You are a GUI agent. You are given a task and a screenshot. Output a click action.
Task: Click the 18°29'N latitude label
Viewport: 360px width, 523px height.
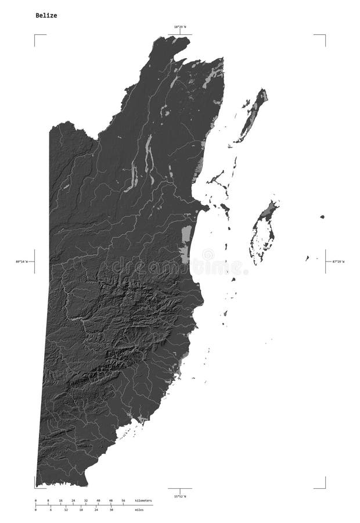pyautogui.click(x=180, y=27)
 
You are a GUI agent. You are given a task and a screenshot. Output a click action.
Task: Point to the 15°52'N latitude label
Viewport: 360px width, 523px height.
pyautogui.click(x=180, y=496)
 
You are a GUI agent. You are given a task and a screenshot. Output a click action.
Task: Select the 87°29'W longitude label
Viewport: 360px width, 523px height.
pyautogui.click(x=337, y=261)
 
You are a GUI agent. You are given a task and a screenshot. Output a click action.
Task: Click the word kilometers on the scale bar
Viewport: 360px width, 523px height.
pyautogui.click(x=143, y=500)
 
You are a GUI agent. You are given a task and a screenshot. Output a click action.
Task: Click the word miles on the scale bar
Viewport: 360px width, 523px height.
pyautogui.click(x=139, y=510)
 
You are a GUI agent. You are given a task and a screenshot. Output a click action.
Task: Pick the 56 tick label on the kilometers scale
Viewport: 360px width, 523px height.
pyautogui.click(x=123, y=500)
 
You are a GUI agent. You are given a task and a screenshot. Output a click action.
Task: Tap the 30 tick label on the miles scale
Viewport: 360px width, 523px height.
pyautogui.click(x=111, y=510)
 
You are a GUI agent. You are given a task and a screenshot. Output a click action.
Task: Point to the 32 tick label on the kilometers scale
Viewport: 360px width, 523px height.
pyautogui.click(x=85, y=500)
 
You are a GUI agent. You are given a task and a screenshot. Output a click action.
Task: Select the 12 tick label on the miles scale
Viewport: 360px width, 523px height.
pyautogui.click(x=66, y=510)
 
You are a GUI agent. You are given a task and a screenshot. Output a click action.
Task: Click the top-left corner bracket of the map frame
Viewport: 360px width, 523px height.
pyautogui.click(x=35, y=35)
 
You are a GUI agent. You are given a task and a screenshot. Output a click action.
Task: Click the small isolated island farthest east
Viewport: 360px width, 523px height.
pyautogui.click(x=322, y=217)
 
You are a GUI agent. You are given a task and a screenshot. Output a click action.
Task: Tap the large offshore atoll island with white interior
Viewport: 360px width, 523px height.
pyautogui.click(x=262, y=232)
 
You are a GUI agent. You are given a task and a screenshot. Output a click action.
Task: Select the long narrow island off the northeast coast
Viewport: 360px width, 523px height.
pyautogui.click(x=253, y=113)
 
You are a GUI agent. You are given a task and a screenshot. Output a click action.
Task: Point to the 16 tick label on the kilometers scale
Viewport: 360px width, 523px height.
pyautogui.click(x=60, y=500)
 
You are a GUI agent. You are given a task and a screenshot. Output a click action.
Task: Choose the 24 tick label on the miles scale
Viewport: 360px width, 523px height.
pyautogui.click(x=96, y=510)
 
